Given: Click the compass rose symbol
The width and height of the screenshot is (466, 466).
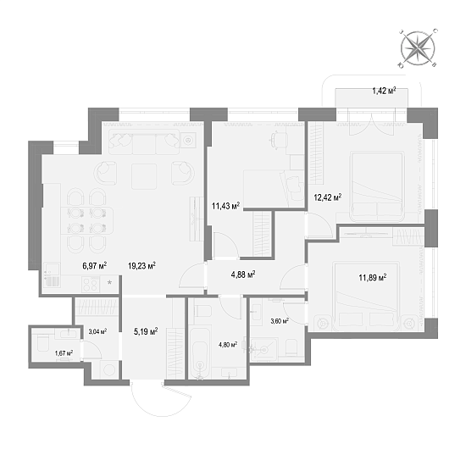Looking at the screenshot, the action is tap(418, 47).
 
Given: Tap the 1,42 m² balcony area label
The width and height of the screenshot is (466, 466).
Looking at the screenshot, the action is tap(384, 91).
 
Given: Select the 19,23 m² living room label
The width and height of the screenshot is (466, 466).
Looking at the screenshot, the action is tap(141, 265).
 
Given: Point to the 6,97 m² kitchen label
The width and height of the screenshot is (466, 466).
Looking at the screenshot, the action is tap(95, 265).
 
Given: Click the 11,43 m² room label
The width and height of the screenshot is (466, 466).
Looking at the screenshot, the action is tap(225, 206).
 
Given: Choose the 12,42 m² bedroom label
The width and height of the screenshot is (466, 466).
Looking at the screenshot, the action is tap(328, 197).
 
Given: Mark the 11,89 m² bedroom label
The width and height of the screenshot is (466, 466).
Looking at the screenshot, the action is tap(373, 278).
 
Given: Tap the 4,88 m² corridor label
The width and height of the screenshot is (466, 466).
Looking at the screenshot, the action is tap(243, 275).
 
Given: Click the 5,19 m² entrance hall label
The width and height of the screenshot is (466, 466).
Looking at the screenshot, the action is tap(146, 331).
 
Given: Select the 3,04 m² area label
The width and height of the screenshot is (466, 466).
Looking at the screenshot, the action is tap(97, 331).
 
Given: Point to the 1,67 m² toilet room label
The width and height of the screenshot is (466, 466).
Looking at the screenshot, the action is tap(64, 353).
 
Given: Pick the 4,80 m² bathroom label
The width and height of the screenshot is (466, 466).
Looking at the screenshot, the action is tap(228, 345).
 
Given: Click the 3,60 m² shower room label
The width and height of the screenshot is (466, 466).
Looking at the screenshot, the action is tap(280, 321).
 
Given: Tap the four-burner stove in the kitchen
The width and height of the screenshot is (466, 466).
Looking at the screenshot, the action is tap(91, 284).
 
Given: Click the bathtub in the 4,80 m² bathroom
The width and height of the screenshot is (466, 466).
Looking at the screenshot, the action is tap(200, 352).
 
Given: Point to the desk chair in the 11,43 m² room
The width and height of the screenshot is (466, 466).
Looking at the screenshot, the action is tap(279, 139).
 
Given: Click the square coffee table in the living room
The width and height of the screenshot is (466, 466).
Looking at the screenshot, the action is tap(144, 176).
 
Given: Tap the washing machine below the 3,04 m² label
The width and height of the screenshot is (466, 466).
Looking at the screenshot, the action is tap(109, 369).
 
